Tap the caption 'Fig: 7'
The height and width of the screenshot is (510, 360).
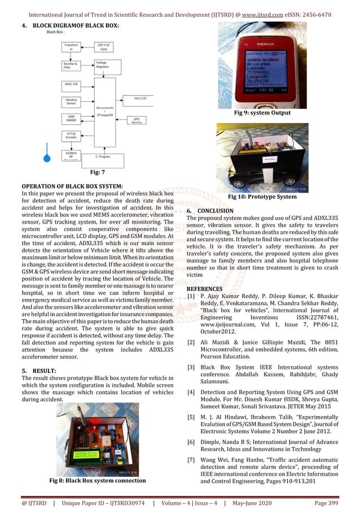tap(99, 170)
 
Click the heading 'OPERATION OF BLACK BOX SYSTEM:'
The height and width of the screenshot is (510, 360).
tap(72, 186)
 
